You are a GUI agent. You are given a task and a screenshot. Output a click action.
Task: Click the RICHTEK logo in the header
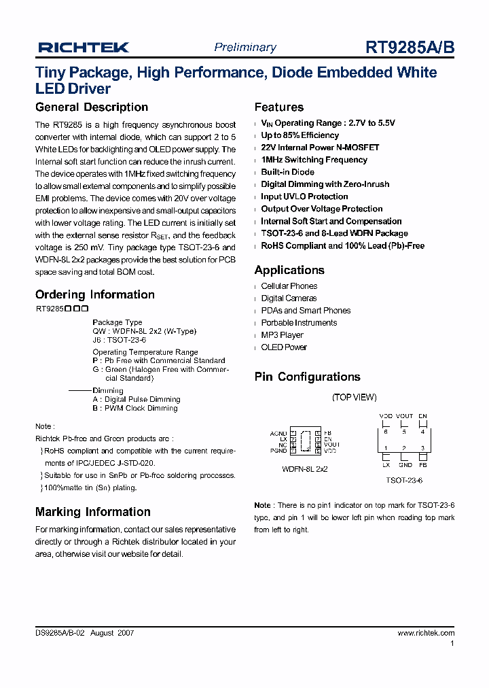coord(83,47)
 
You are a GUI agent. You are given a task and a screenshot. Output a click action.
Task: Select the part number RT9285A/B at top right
coord(410,47)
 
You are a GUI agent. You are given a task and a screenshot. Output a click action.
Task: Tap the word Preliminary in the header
coord(245,47)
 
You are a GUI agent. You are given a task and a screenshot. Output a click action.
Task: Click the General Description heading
coord(91,107)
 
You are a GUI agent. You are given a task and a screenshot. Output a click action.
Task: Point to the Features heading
coord(278,107)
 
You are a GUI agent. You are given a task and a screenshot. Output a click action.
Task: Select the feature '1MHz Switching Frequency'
coord(314,160)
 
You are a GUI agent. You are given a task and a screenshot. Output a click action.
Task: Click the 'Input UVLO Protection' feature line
coord(304,196)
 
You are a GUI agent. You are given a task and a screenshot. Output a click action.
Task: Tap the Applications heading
coord(289,270)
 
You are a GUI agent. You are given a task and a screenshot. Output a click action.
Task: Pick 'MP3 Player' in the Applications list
coord(282,335)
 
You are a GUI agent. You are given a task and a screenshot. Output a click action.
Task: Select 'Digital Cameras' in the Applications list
coord(289,298)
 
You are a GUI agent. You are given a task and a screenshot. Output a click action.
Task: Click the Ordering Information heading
coord(94,294)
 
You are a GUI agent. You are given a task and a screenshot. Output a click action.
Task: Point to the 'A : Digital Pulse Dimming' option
coord(136,400)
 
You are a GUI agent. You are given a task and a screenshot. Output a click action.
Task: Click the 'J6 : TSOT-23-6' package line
coord(119,339)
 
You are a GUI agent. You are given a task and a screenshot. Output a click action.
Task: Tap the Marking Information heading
coord(92,512)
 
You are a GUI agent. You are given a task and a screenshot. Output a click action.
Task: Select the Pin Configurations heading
coord(307,377)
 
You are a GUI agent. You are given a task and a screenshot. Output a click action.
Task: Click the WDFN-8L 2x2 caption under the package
coord(304,469)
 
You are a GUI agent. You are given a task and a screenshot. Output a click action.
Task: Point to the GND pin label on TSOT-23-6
coord(405,464)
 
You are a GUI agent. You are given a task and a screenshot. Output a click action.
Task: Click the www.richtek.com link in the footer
coord(426,633)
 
